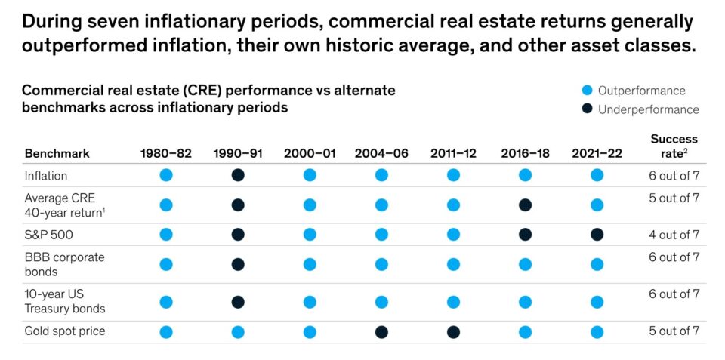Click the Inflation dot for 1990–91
[238, 175]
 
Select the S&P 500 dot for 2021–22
[597, 235]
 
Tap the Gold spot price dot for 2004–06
[381, 331]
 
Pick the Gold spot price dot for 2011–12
[453, 331]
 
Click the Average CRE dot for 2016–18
[525, 205]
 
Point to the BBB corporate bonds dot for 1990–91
[238, 264]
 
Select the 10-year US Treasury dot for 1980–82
[166, 302]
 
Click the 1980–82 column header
[166, 153]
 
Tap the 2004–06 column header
[381, 153]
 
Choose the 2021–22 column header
[597, 153]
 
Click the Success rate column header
[674, 146]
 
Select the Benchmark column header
[57, 153]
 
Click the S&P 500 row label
[49, 235]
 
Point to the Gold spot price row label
[65, 331]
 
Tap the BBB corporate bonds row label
[65, 264]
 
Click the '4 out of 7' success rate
[674, 235]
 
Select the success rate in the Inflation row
[674, 175]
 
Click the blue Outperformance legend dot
[586, 91]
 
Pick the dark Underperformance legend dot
[586, 109]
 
